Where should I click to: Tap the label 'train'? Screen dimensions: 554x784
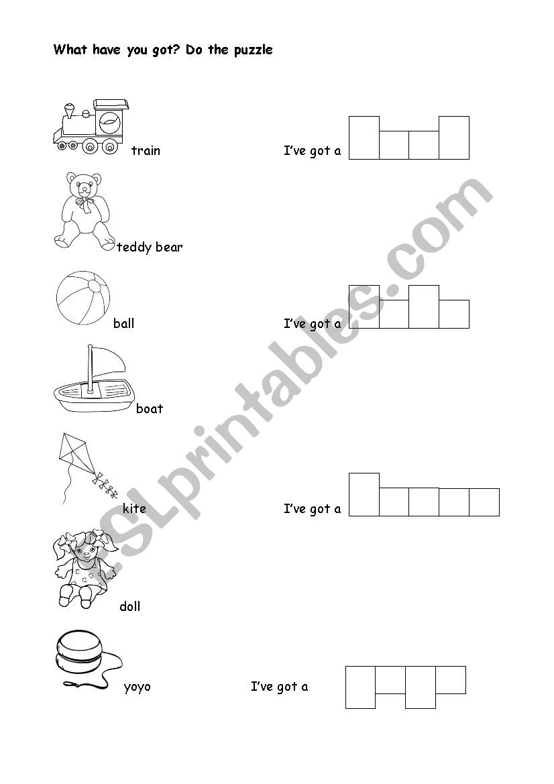tap(146, 150)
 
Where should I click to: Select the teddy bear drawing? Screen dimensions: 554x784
tap(84, 211)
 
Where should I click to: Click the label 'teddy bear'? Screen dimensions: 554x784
tap(150, 247)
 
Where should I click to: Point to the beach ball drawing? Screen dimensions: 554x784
tap(83, 298)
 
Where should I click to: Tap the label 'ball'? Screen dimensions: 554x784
tap(123, 323)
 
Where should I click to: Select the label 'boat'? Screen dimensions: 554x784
tap(150, 409)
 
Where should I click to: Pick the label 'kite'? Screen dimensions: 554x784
tap(134, 508)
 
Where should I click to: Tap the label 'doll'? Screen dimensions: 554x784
tap(130, 606)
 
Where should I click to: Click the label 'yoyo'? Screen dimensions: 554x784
tap(137, 687)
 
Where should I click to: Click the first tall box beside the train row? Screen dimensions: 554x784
tap(364, 138)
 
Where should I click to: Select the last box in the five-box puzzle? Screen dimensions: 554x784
tap(484, 502)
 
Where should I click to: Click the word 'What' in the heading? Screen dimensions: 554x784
tap(70, 50)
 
